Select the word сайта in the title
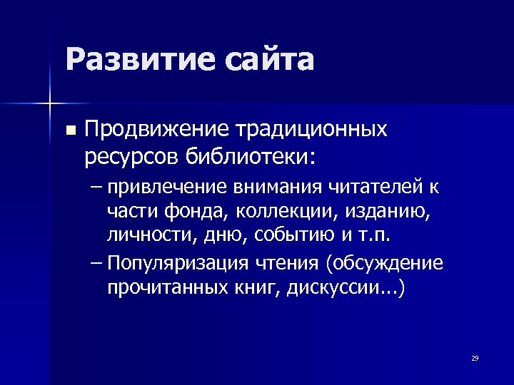(x=268, y=60)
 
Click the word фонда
(x=177, y=212)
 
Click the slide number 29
(x=475, y=358)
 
